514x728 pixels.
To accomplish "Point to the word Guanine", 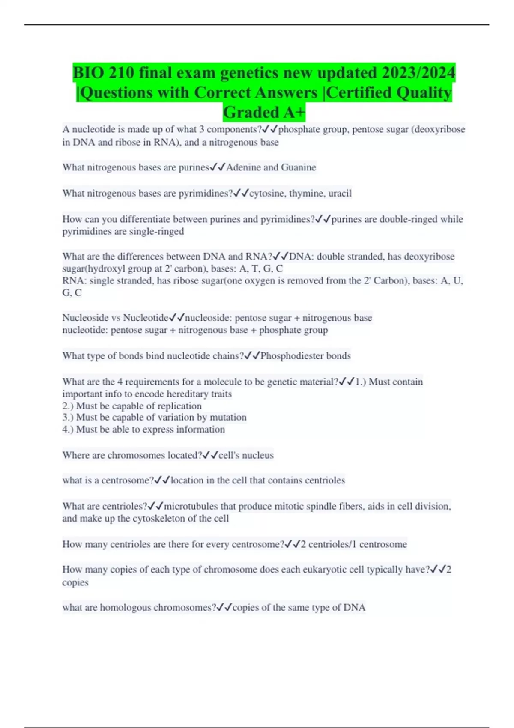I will click(299, 167).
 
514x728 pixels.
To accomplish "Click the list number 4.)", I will click(68, 430).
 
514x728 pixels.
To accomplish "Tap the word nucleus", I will click(258, 455).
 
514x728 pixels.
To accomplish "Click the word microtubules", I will click(191, 507).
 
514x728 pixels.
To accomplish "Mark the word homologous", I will click(126, 608).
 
